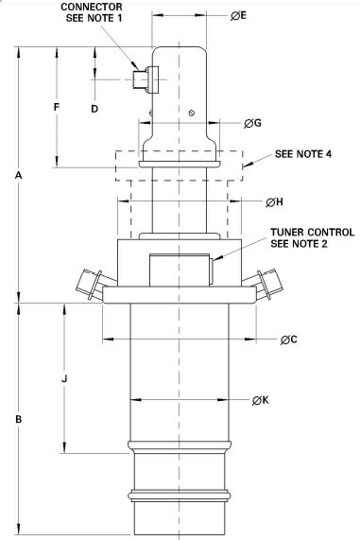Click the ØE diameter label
click(238, 15)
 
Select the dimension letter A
click(19, 175)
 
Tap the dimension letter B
click(19, 419)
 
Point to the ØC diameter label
click(288, 340)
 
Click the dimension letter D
click(94, 109)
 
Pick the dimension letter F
click(57, 107)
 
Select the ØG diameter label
click(252, 123)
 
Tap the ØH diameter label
click(274, 202)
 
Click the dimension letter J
click(64, 379)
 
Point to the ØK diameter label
click(260, 400)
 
